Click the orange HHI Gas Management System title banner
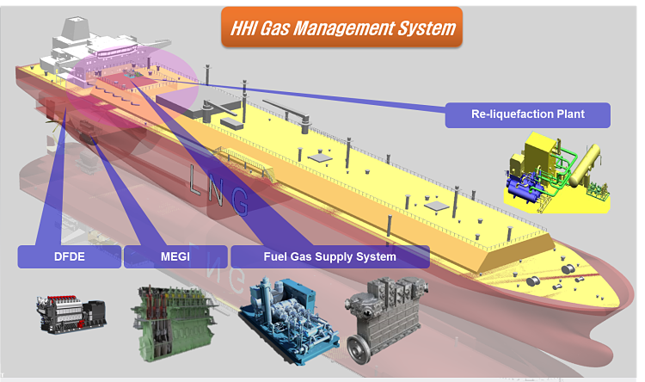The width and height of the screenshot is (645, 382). pyautogui.click(x=341, y=27)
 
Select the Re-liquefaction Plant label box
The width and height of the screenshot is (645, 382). pyautogui.click(x=528, y=114)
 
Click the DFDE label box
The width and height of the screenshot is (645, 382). pyautogui.click(x=70, y=257)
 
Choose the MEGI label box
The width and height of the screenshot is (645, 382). pyautogui.click(x=175, y=257)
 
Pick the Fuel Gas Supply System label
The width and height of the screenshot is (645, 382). pyautogui.click(x=330, y=257)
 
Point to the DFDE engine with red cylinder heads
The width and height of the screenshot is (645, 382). pyautogui.click(x=72, y=314)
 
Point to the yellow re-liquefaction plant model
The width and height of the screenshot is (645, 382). pyautogui.click(x=557, y=173)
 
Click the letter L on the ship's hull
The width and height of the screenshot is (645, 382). pyautogui.click(x=196, y=181)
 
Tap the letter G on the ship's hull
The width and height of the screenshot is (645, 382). pyautogui.click(x=239, y=200)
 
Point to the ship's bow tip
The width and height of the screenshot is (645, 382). pyautogui.click(x=631, y=289)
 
